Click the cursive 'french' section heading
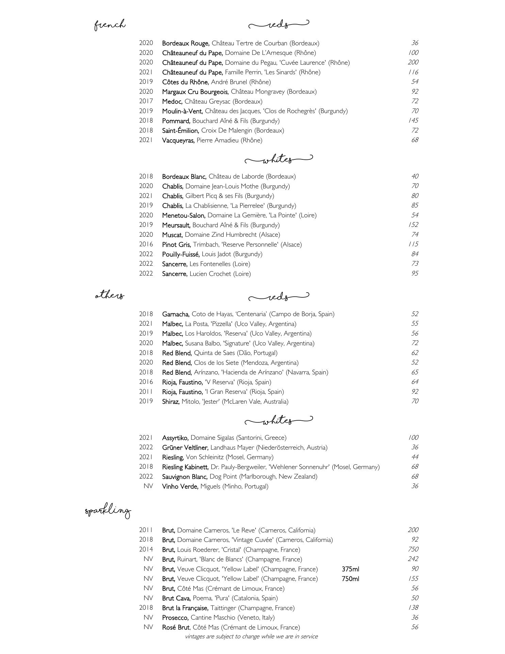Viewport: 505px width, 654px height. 110,25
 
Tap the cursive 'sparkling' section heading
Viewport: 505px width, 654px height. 108,511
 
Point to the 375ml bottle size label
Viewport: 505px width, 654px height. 350,569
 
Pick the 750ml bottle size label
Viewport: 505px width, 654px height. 350,579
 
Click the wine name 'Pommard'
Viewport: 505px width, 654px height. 176,121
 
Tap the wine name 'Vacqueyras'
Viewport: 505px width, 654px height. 178,140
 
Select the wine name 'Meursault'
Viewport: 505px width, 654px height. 176,225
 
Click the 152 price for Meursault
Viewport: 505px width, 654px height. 413,225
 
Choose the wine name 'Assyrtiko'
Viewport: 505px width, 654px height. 175,438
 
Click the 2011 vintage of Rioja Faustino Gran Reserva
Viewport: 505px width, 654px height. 146,392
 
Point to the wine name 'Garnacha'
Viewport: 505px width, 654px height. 176,314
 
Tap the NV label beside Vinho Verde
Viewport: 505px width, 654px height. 148,486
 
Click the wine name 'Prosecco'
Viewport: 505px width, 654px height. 175,618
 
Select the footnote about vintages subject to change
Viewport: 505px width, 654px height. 251,636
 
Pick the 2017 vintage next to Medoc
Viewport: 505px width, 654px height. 146,101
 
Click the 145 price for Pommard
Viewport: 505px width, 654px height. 413,121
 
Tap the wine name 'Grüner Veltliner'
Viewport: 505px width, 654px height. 185,448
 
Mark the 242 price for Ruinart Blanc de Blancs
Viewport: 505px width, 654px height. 413,559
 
